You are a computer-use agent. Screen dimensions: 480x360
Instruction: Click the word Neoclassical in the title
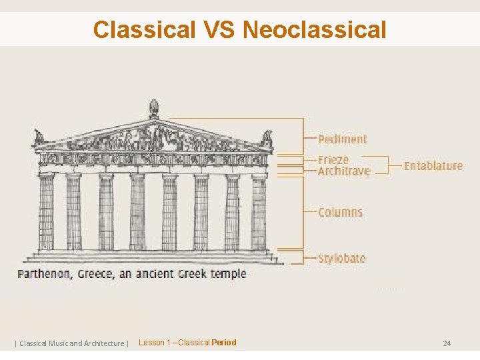[x=315, y=29]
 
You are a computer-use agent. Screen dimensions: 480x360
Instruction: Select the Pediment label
[x=343, y=139]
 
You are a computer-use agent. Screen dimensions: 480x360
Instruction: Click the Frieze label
[x=333, y=160]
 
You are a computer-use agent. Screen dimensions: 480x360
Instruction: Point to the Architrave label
[x=344, y=171]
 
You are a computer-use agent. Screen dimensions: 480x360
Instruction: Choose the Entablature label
[x=433, y=165]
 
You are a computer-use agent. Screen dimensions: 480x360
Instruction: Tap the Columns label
[x=341, y=212]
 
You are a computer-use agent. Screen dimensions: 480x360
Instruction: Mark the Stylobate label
[x=342, y=258]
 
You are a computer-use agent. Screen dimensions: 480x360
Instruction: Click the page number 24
[x=447, y=343]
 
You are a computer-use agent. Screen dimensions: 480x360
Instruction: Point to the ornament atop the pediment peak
[x=153, y=109]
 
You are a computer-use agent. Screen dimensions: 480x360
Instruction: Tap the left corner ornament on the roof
[x=39, y=137]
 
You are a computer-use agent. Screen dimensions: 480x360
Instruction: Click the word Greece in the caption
[x=95, y=274]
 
